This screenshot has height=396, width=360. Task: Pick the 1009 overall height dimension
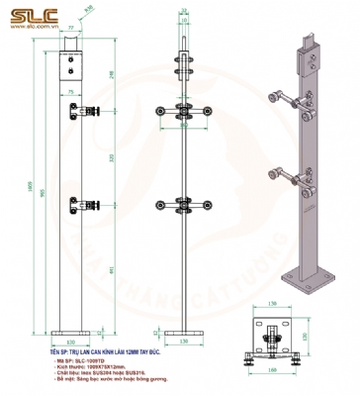click(29, 188)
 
